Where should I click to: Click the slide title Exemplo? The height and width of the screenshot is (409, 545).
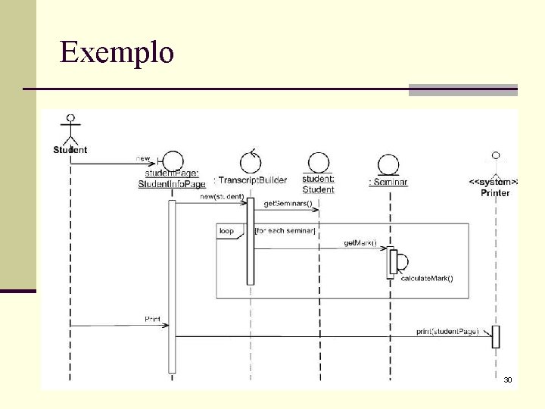click(x=117, y=53)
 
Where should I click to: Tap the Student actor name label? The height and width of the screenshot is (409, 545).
click(x=70, y=150)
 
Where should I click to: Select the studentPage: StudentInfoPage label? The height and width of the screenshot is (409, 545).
click(x=172, y=179)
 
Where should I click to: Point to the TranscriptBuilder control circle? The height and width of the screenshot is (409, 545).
click(x=251, y=161)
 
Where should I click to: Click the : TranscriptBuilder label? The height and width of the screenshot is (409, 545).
click(x=251, y=180)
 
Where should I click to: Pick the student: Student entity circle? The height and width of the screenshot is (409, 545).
click(x=319, y=162)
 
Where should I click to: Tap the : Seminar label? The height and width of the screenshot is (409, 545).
click(x=388, y=182)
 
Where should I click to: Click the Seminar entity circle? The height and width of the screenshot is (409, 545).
click(x=389, y=163)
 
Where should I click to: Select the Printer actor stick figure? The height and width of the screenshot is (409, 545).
click(x=496, y=163)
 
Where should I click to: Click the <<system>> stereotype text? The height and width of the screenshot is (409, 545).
click(x=494, y=182)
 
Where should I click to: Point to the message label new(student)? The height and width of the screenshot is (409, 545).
click(x=222, y=197)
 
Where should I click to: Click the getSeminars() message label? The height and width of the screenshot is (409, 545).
click(x=287, y=204)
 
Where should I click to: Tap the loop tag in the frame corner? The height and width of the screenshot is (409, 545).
click(x=226, y=230)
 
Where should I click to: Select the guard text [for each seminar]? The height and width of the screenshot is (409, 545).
click(x=285, y=230)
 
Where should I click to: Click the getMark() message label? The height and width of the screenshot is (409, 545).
click(x=360, y=242)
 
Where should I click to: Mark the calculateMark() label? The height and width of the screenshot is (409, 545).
click(x=427, y=279)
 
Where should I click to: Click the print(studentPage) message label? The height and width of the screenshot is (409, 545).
click(x=447, y=331)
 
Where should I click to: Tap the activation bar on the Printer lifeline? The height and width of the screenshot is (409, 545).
click(x=496, y=336)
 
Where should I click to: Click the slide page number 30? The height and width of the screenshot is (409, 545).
click(x=508, y=379)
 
